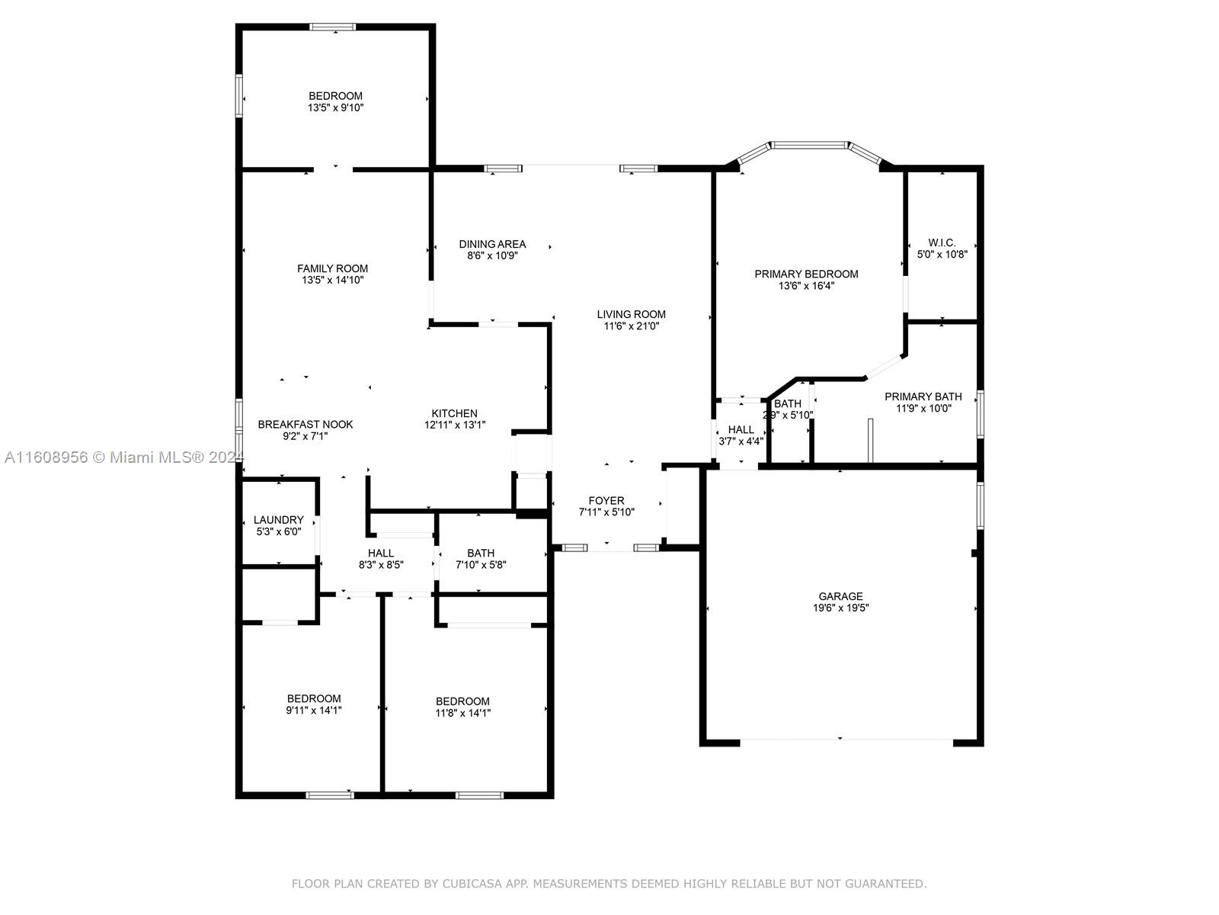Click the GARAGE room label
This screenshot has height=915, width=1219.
840,596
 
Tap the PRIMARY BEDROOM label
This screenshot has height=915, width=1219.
806,274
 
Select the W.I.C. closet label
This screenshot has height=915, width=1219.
942,242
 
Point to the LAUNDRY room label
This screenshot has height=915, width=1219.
278,520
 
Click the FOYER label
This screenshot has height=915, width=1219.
606,500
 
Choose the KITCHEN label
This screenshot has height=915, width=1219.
454,413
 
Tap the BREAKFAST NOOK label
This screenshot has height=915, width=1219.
306,425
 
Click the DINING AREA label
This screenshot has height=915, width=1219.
492,244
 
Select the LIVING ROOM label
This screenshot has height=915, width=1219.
631,314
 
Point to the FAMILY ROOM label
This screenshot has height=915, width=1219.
332,269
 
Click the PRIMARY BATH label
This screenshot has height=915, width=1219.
923,396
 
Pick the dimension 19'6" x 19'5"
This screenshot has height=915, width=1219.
841,608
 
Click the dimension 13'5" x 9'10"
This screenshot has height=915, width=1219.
335,108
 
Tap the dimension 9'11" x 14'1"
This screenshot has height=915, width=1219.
314,711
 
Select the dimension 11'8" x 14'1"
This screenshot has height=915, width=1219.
462,714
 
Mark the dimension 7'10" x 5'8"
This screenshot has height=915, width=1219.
481,565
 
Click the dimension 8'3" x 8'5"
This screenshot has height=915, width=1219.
380,565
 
